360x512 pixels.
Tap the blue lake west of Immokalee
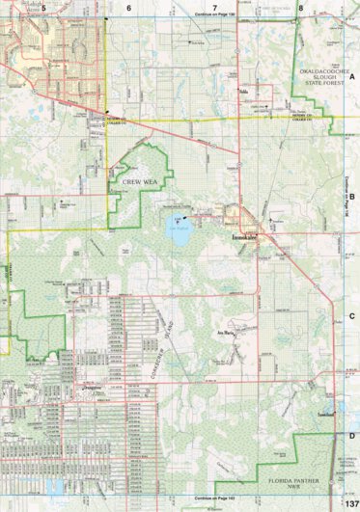pyautogui.click(x=178, y=229)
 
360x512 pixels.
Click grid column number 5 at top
pyautogui.click(x=43, y=7)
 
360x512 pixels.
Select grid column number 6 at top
pyautogui.click(x=128, y=7)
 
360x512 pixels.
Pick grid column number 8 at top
pyautogui.click(x=301, y=7)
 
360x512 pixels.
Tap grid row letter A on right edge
pyautogui.click(x=352, y=75)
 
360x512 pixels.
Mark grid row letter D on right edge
pyautogui.click(x=352, y=436)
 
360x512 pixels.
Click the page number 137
pyautogui.click(x=350, y=503)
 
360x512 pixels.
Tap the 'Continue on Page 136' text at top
pyautogui.click(x=215, y=15)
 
